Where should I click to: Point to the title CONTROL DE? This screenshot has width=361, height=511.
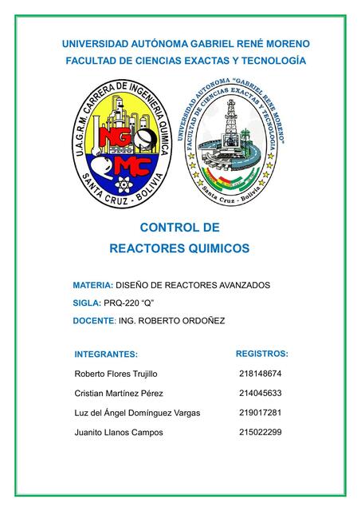pos(179,228)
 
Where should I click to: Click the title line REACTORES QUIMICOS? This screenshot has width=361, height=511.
pos(179,248)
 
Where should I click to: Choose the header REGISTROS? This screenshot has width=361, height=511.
pos(262,353)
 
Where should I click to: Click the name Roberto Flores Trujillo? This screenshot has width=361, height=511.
pos(116,374)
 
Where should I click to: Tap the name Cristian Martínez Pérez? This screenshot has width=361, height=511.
pos(119,394)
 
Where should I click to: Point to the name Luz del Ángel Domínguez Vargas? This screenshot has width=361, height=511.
pos(136,413)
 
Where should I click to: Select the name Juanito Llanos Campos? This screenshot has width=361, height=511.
pos(118,432)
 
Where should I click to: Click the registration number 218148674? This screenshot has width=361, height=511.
pos(260,373)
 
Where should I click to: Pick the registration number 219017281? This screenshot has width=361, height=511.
pos(260,412)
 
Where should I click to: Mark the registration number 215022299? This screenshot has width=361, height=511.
pos(260,432)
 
